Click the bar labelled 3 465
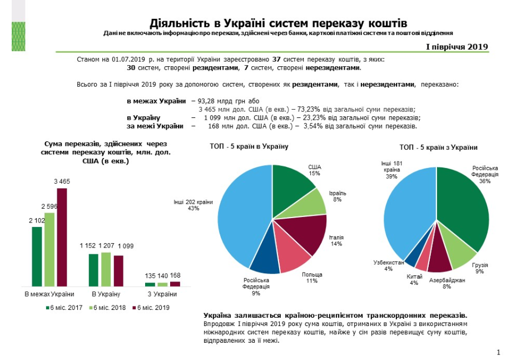[62, 236]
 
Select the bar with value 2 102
[37, 256]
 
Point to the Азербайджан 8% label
[446, 284]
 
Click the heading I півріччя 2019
[457, 46]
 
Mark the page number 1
[499, 352]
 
